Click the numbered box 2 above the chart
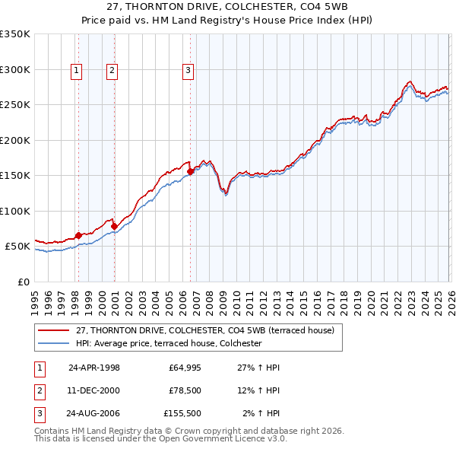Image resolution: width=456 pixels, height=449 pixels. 112,71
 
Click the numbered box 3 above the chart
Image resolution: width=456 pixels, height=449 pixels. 188,71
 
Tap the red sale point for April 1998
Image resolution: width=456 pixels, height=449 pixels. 78,236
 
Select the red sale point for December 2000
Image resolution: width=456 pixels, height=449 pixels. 114,226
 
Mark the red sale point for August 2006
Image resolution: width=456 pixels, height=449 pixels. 190,172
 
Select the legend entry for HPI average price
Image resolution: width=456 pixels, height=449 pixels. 169,344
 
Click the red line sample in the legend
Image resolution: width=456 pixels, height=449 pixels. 55,330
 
